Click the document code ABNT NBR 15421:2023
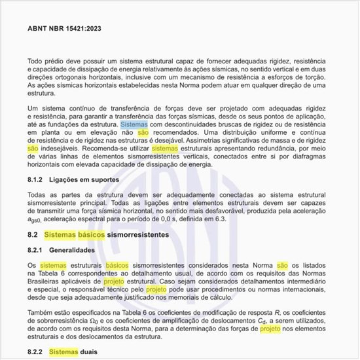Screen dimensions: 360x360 click(63, 29)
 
